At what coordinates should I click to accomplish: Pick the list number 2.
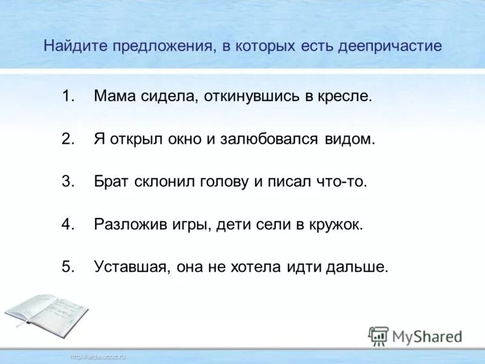tap(67, 139)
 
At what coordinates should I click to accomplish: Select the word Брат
tap(112, 181)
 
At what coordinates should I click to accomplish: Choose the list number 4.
tap(67, 224)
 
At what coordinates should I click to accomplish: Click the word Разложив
tap(127, 224)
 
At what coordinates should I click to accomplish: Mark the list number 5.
tap(67, 267)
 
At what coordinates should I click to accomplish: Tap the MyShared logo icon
tap(378, 336)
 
